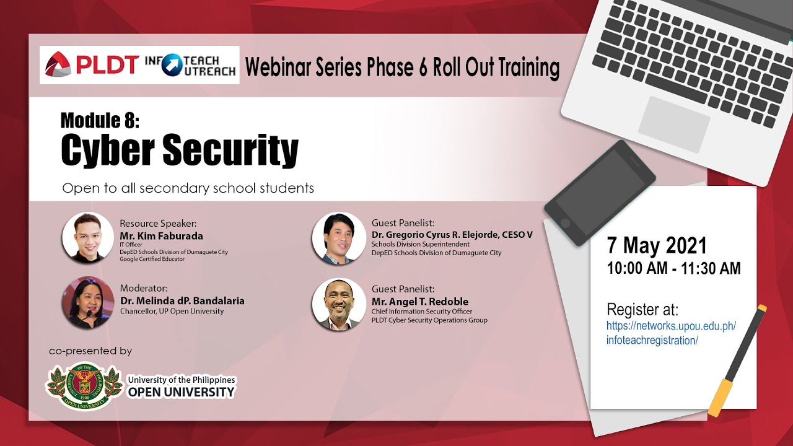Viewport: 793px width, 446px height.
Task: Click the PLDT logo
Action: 91,64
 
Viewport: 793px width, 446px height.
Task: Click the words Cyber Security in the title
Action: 180,150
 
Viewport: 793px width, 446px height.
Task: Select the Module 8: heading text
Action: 100,120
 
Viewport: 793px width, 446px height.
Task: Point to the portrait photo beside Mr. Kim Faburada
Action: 88,237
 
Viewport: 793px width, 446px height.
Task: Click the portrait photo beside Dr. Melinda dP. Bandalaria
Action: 88,303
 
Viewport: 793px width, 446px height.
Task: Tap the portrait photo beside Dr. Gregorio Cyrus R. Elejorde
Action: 339,238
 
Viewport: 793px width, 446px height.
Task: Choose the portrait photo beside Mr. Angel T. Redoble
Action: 339,304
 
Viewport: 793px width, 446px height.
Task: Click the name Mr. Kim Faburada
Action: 162,236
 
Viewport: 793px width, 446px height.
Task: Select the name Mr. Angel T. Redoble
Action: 420,302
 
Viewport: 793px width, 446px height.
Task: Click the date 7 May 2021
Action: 657,245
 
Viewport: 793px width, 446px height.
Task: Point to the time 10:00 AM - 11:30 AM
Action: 673,268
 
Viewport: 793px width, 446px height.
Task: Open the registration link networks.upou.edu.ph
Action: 671,333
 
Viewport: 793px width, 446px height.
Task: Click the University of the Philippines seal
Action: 84,386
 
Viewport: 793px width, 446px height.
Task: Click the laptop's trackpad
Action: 673,125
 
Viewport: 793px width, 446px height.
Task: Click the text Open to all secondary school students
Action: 188,188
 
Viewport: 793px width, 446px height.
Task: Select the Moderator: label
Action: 143,288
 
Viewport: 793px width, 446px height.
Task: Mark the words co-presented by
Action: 90,351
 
